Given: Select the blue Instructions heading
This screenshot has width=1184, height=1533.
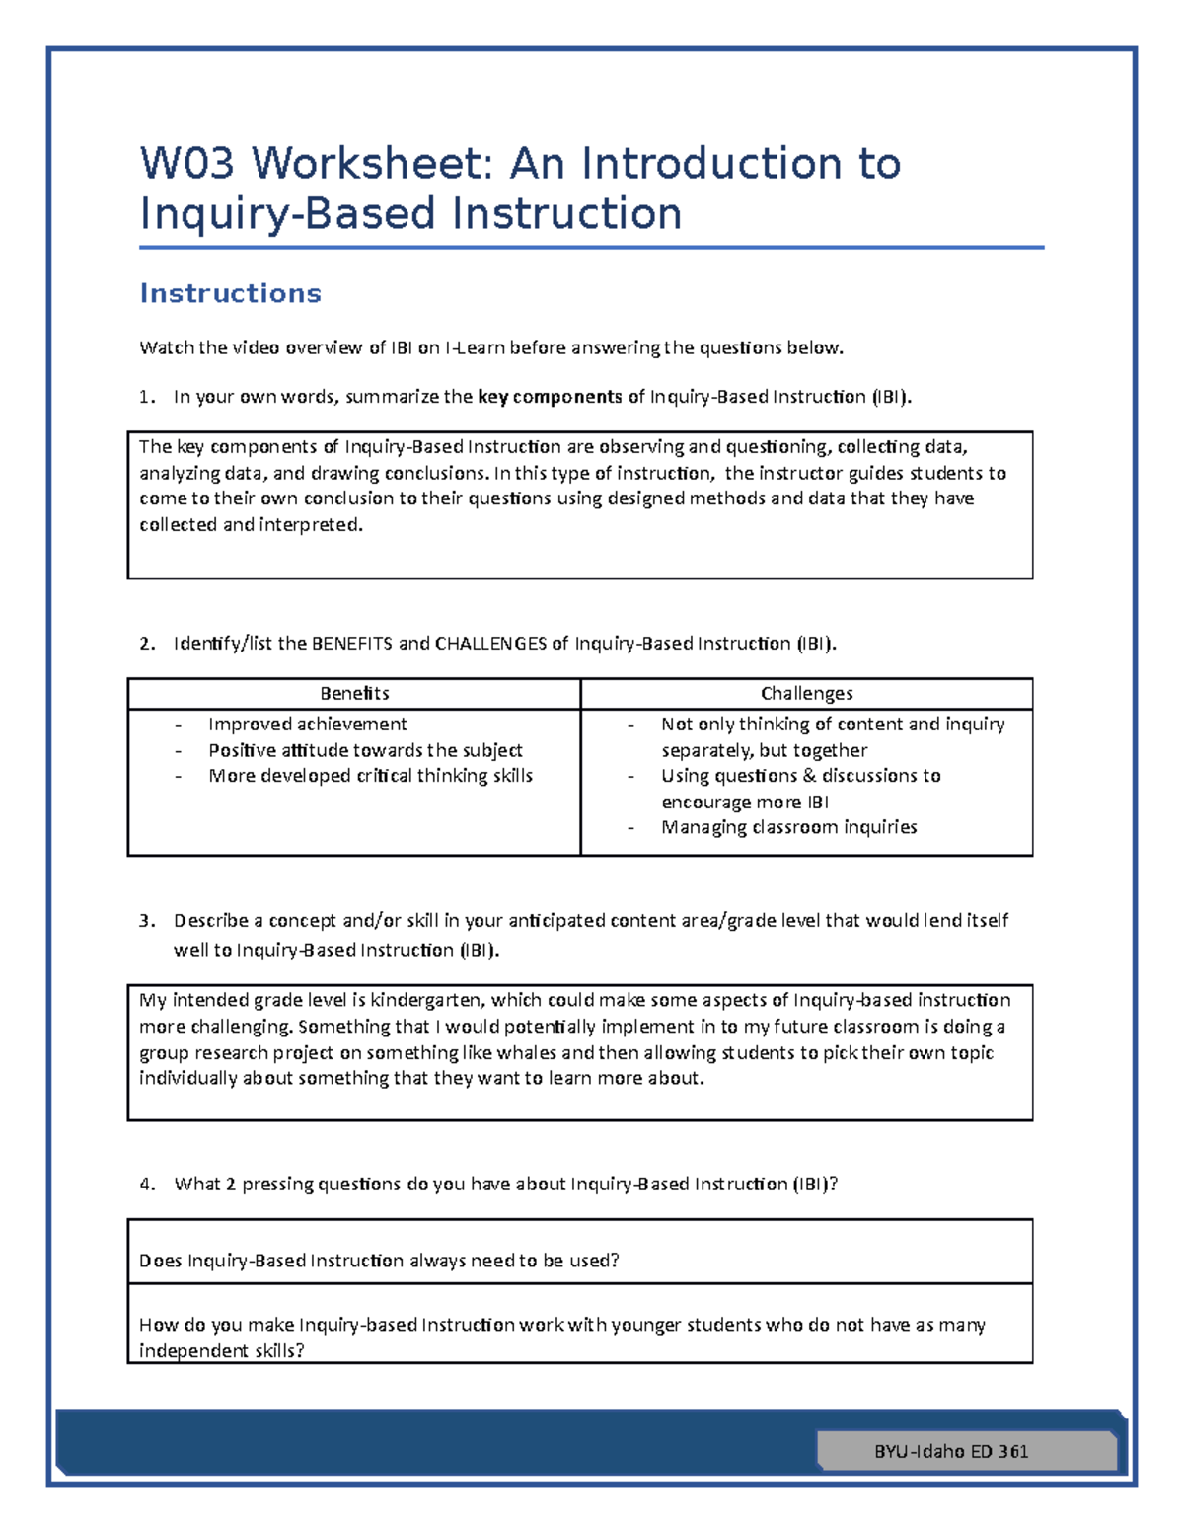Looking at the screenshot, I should [x=230, y=293].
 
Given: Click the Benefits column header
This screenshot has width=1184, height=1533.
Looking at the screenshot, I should [x=354, y=693].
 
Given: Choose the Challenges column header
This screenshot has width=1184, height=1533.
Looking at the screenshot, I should [x=806, y=693].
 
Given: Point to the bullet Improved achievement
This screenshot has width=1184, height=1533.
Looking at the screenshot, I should [x=307, y=725].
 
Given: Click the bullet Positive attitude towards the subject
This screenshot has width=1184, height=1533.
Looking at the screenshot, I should [x=365, y=750].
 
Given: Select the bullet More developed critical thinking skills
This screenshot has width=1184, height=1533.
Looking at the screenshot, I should [x=370, y=776].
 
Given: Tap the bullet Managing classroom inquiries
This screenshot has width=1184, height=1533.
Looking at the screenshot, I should [x=788, y=827].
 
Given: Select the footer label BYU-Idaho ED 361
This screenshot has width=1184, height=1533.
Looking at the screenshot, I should [x=951, y=1451].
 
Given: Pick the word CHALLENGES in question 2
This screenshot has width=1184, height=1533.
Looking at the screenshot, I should [x=490, y=644].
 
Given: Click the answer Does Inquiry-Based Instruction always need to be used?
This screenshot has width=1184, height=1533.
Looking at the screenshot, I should [x=379, y=1261].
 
